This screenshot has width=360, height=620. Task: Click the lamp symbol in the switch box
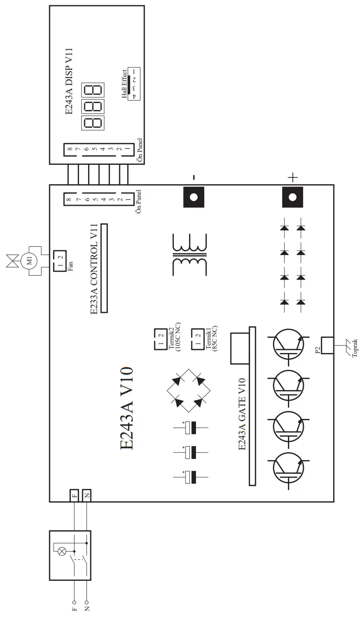coord(62,551)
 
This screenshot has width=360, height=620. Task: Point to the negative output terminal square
coord(193,197)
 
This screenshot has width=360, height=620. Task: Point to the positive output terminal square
coord(293,197)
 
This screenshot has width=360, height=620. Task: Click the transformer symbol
coord(189,255)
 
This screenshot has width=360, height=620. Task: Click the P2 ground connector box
coord(327,345)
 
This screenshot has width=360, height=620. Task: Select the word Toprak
coord(355,349)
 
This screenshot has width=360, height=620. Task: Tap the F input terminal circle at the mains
coord(74,602)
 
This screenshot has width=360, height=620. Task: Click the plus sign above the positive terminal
coord(293,176)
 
